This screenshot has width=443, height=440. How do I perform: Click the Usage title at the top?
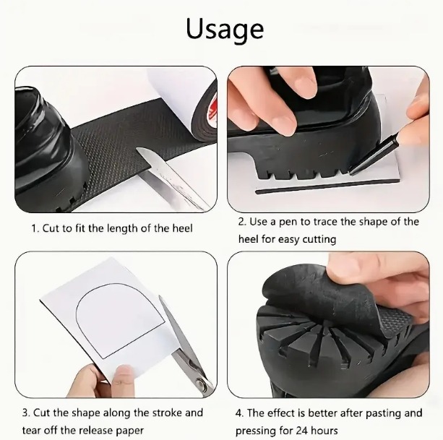225,30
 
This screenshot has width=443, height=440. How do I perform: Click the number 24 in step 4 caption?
301,431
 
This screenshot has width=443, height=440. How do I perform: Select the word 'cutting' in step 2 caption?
319,240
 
